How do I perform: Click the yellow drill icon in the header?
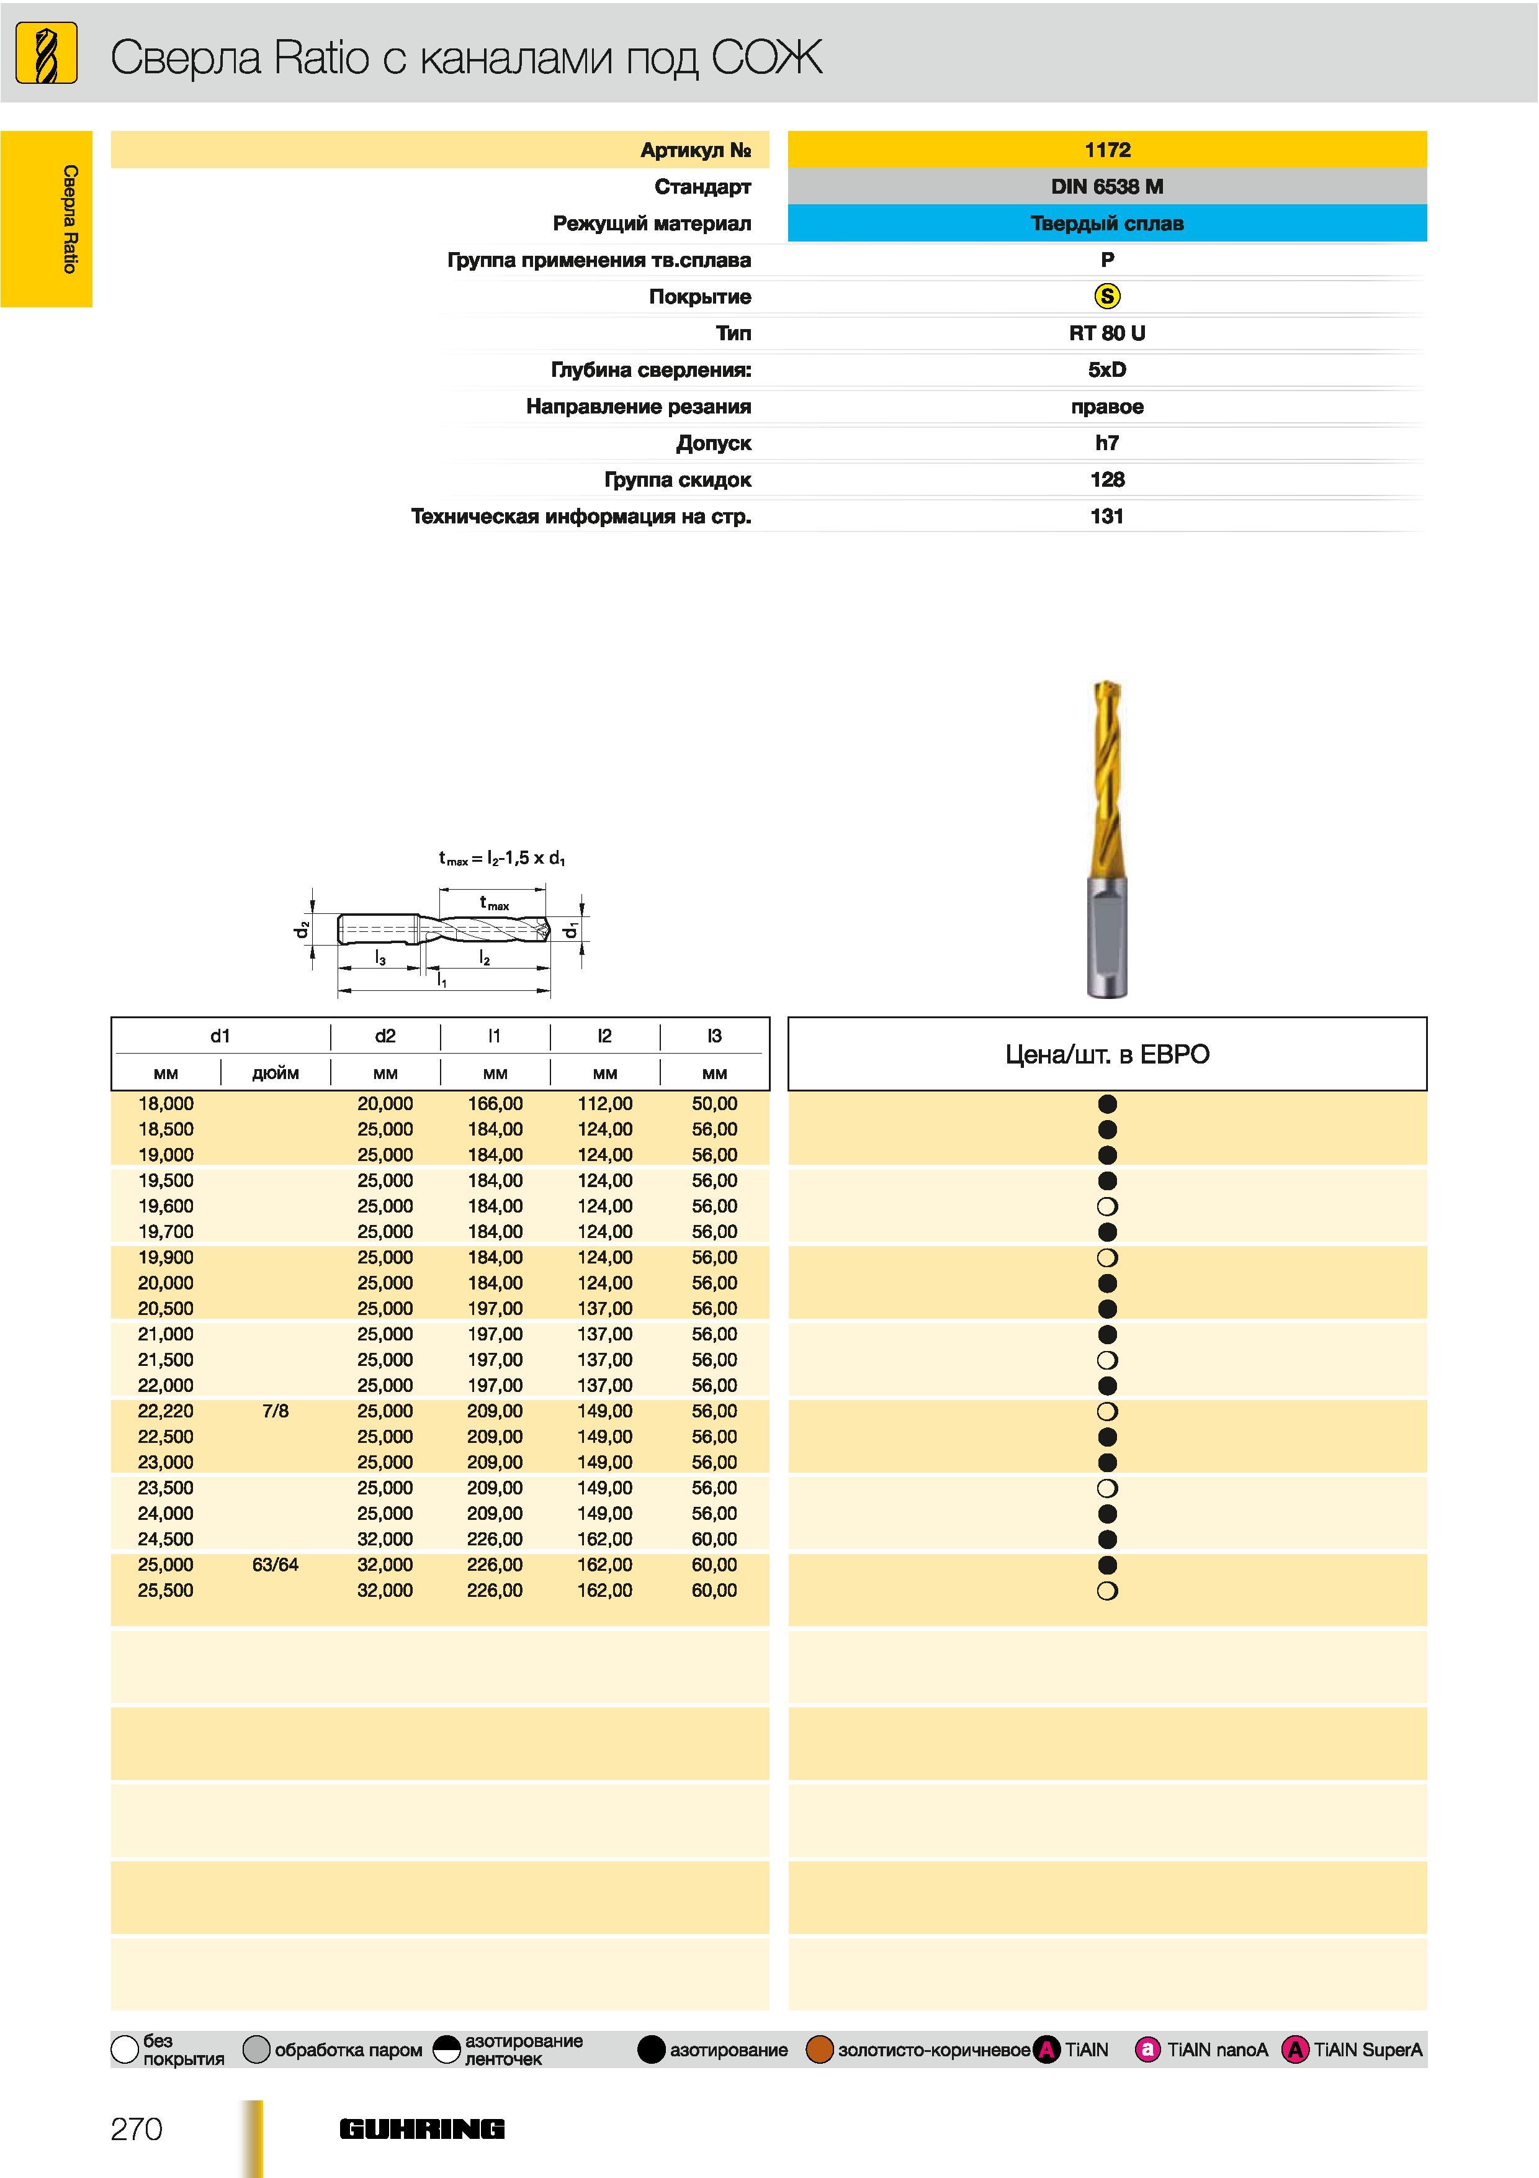[x=47, y=54]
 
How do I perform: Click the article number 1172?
[x=1106, y=150]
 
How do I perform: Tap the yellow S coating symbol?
[x=1106, y=296]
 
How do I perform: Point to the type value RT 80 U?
[x=1106, y=333]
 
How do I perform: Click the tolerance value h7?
[x=1106, y=443]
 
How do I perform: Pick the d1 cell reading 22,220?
[x=165, y=1411]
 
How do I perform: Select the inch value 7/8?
[x=275, y=1411]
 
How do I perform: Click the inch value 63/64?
[x=275, y=1564]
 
